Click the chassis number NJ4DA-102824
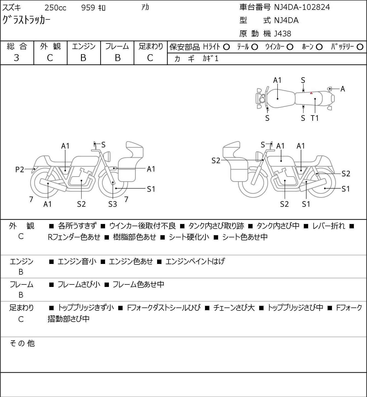click(x=302, y=7)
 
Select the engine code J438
click(x=282, y=34)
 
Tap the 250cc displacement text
click(x=55, y=8)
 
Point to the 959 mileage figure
click(x=88, y=8)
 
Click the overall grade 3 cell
click(x=16, y=58)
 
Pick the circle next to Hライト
click(x=226, y=47)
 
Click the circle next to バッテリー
click(x=360, y=47)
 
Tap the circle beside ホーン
click(x=319, y=47)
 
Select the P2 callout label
click(x=20, y=169)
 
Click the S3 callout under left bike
click(x=112, y=204)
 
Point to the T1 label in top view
click(x=315, y=118)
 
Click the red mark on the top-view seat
click(x=311, y=93)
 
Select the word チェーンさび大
click(x=234, y=308)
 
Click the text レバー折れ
click(x=329, y=226)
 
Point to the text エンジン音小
click(x=77, y=261)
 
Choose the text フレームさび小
click(x=79, y=284)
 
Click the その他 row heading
click(x=22, y=343)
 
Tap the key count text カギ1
click(x=210, y=59)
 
